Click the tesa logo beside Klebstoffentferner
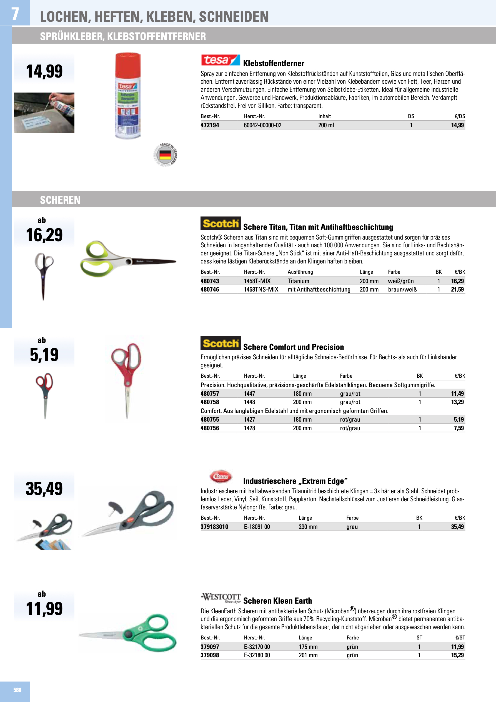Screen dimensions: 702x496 click(x=220, y=60)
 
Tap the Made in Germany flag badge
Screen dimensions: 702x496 click(x=165, y=155)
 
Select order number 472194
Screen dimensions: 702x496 click(x=210, y=125)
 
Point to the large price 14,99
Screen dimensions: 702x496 click(x=44, y=71)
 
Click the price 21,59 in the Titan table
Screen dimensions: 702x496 click(x=457, y=289)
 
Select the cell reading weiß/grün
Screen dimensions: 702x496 click(x=401, y=281)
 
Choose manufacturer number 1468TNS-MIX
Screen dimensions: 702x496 click(x=261, y=289)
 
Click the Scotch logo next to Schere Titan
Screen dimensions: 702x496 click(x=220, y=223)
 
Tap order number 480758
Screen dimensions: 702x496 click(x=210, y=402)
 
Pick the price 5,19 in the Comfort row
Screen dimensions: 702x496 click(x=459, y=419)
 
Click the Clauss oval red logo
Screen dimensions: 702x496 click(x=220, y=476)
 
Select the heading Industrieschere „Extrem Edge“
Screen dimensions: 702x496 click(x=295, y=481)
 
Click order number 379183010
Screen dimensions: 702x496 click(x=214, y=526)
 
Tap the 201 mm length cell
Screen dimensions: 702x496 click(x=308, y=655)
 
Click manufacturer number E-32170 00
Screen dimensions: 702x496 click(x=257, y=647)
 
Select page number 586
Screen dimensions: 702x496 click(x=17, y=690)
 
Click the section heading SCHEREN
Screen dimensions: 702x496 click(x=60, y=200)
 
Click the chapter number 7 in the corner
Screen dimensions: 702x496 click(x=15, y=14)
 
